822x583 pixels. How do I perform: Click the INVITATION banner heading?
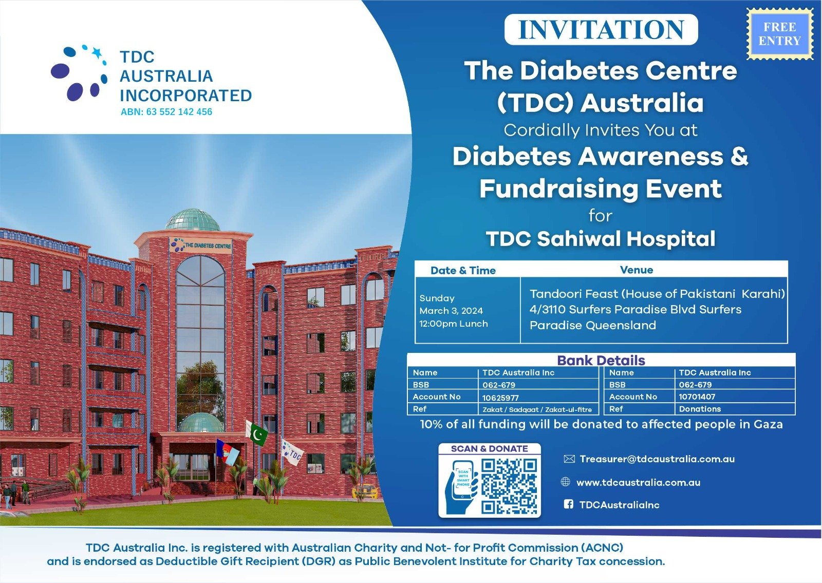(x=601, y=29)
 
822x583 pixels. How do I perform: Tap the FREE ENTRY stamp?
(x=780, y=34)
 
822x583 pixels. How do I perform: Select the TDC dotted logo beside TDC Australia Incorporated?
(x=79, y=72)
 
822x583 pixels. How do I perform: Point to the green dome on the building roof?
(x=193, y=219)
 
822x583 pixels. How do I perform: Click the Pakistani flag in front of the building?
(x=257, y=434)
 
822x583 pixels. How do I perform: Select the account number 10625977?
(x=500, y=398)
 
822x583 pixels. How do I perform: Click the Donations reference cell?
(x=700, y=409)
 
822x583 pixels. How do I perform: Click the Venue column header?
(x=637, y=270)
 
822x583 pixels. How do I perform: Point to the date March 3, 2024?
(x=451, y=311)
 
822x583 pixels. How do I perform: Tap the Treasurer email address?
(x=657, y=459)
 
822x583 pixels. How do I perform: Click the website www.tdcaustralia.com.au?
(x=638, y=482)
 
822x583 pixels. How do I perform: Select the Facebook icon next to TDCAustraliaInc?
(x=568, y=504)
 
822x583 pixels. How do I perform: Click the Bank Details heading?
(x=601, y=360)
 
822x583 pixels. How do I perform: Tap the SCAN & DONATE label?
(x=489, y=448)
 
